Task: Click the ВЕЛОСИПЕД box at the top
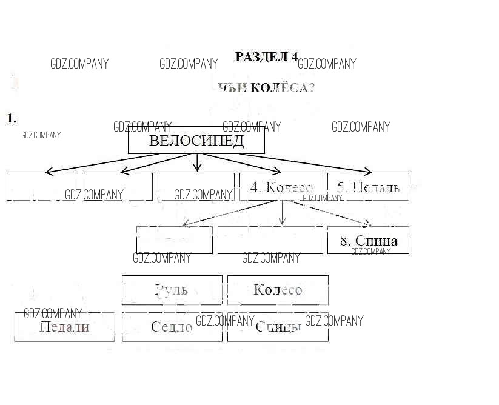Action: [196, 141]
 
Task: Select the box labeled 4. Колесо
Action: [281, 187]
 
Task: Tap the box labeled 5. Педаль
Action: [368, 187]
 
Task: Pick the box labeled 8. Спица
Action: [368, 240]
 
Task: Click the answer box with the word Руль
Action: [172, 290]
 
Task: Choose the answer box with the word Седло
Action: [172, 327]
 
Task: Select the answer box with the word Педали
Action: [64, 327]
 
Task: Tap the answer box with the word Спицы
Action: [278, 327]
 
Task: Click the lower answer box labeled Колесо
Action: [278, 290]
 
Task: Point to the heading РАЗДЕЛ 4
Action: [266, 57]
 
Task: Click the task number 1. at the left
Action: [12, 118]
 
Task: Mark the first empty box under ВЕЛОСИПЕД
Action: [41, 187]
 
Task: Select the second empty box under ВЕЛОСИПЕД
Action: [118, 187]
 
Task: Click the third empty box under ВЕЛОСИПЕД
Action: [196, 187]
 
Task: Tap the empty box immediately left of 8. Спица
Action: [270, 240]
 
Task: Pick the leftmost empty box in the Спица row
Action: [175, 240]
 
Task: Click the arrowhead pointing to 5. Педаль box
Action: [367, 172]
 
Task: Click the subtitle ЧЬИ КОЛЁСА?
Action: [267, 88]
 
